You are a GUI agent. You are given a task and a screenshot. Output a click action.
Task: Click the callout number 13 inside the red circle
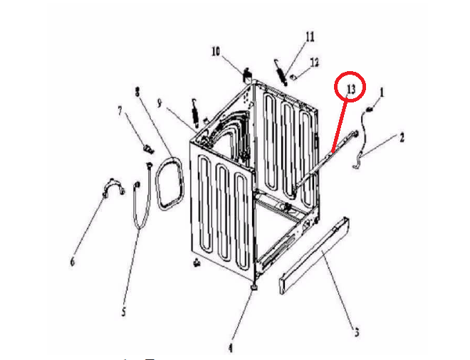[x=350, y=89]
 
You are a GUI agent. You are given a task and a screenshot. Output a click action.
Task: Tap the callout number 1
[x=382, y=92]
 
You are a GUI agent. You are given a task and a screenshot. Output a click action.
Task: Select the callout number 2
[x=402, y=138]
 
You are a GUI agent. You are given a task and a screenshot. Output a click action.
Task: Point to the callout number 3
[x=357, y=332]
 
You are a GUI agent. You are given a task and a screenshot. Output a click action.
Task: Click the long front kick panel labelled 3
[x=314, y=255]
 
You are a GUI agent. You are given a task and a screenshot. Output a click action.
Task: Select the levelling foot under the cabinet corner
[x=254, y=288]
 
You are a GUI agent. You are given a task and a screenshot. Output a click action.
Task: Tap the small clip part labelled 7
[x=148, y=148]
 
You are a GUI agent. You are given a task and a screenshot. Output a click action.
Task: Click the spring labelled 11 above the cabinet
[x=281, y=73]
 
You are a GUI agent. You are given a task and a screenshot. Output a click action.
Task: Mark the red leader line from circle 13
[x=340, y=126]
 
